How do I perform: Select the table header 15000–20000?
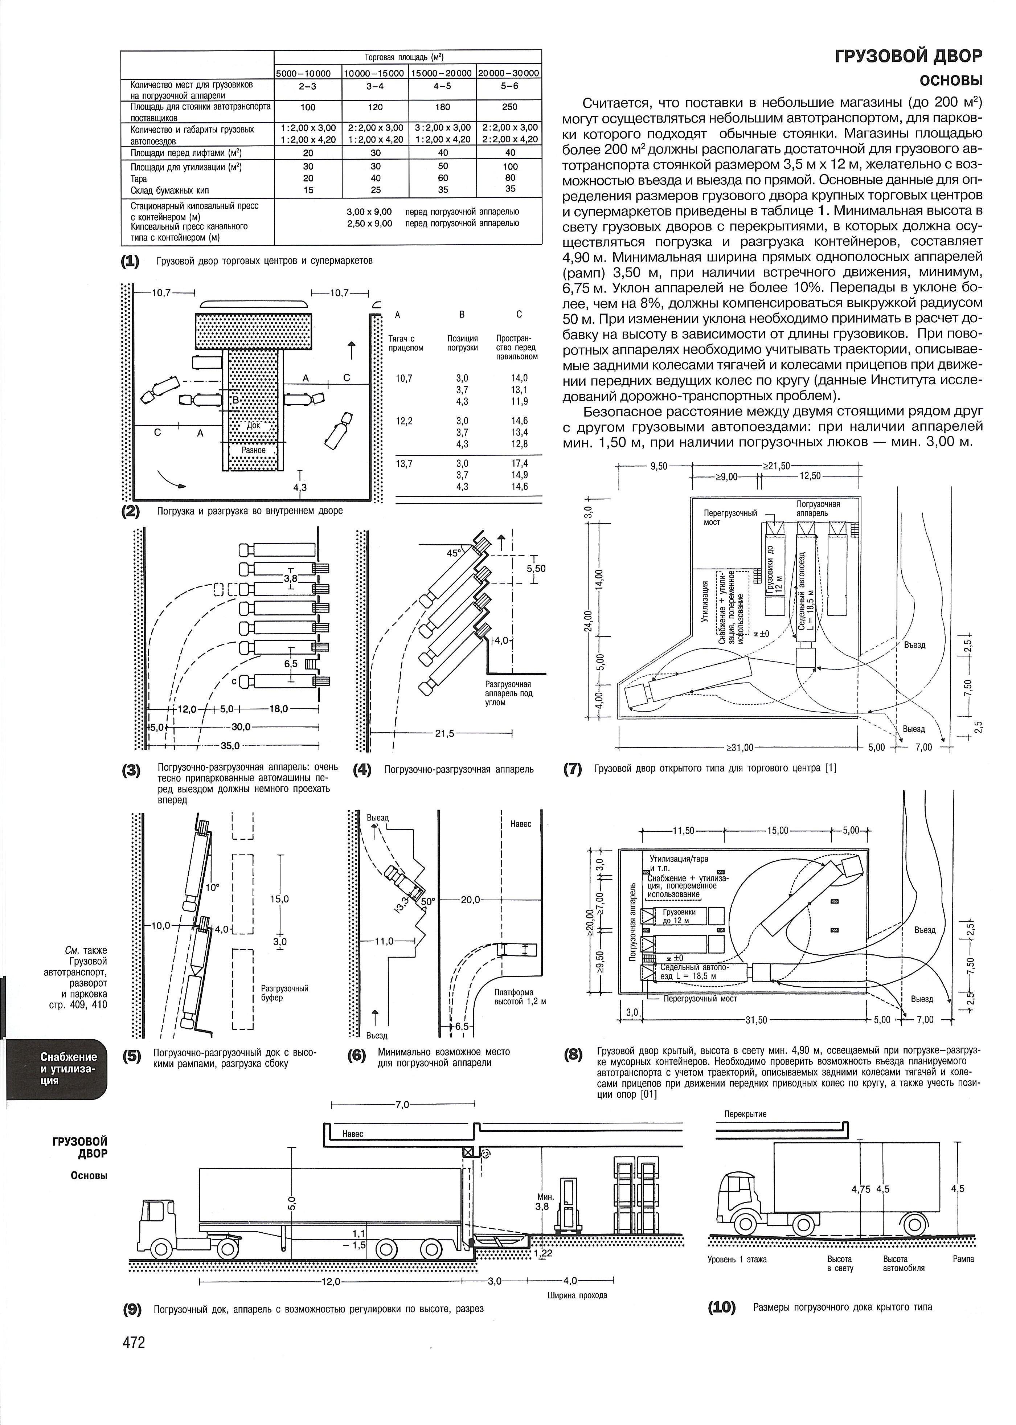coord(442,73)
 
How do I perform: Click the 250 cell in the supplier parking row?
coord(510,107)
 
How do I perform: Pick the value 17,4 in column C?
coord(519,463)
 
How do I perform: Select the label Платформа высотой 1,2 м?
coord(520,996)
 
